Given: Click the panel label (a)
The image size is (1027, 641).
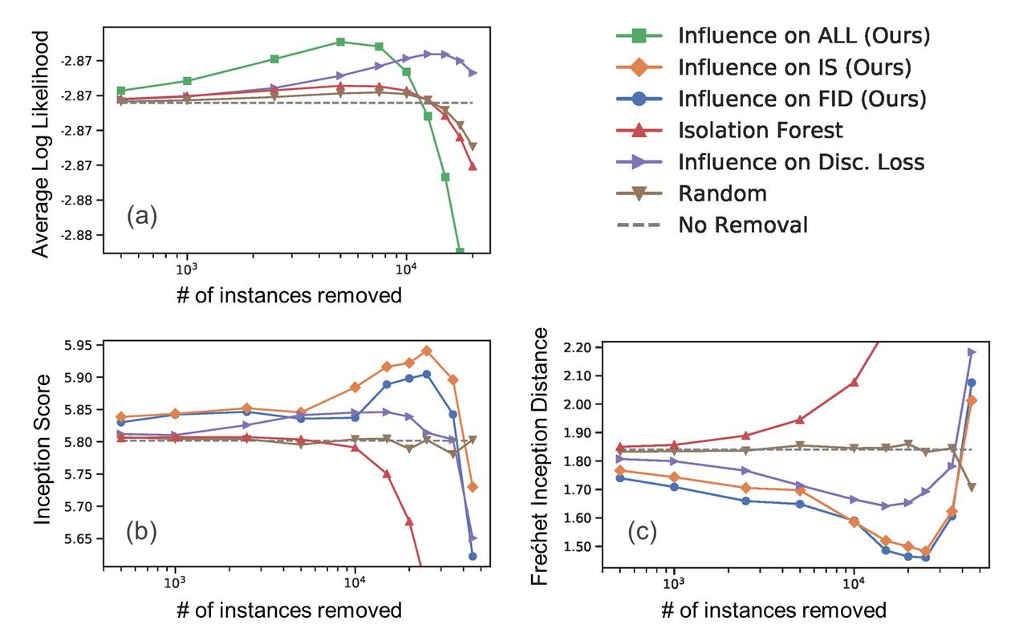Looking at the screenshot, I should [x=141, y=217].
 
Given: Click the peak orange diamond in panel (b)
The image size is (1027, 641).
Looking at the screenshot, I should [x=427, y=351].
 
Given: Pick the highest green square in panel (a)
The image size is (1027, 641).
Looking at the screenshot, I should [x=340, y=42].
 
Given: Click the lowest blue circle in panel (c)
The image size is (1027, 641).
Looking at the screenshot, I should [x=925, y=557].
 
